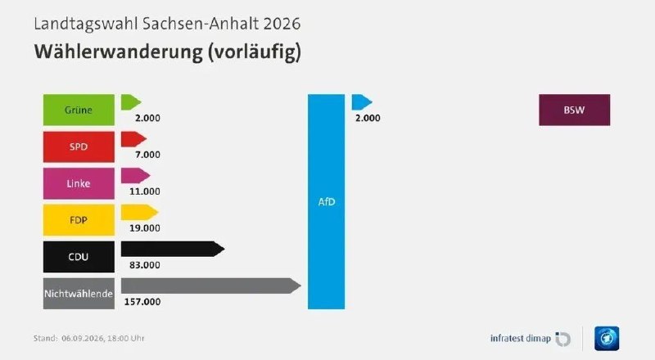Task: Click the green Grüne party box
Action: (x=79, y=110)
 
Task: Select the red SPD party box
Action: (x=79, y=146)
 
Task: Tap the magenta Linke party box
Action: (x=79, y=183)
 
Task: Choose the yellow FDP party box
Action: (x=79, y=220)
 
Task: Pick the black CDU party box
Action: (x=79, y=257)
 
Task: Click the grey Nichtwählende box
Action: (x=79, y=294)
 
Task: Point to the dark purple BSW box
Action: (x=575, y=110)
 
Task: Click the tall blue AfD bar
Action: (x=326, y=202)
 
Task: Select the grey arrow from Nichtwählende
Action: (x=211, y=286)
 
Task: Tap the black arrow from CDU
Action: (x=173, y=249)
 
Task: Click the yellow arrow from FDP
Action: (x=139, y=212)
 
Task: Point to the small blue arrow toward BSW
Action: (x=362, y=102)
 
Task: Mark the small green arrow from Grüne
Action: (x=131, y=102)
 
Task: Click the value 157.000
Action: (x=142, y=302)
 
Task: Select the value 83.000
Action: (x=145, y=265)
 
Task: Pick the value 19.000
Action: (x=145, y=228)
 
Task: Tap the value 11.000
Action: (x=145, y=191)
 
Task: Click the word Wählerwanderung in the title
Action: (x=119, y=52)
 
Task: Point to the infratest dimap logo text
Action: (x=521, y=338)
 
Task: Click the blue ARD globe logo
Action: (x=607, y=338)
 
